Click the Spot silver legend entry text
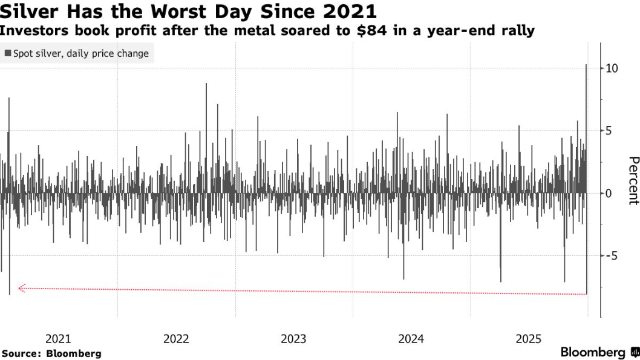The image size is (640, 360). [x=81, y=54]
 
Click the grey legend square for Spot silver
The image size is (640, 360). [x=7, y=54]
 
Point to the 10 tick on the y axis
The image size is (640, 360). [x=612, y=68]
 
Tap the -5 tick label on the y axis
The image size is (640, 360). [x=612, y=255]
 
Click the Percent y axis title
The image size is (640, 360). [x=633, y=180]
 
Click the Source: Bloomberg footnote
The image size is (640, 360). [x=51, y=353]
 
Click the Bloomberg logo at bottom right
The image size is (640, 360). [x=599, y=352]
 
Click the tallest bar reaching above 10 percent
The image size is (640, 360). [x=586, y=121]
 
